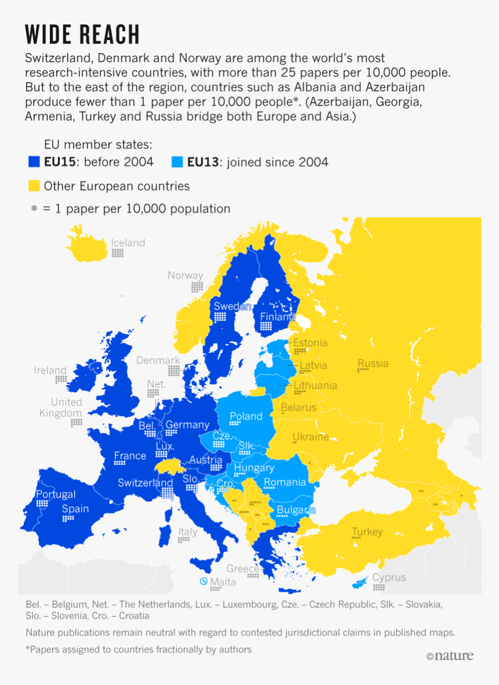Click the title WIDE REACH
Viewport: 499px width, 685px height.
tap(82, 35)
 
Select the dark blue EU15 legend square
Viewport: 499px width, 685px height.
tap(34, 162)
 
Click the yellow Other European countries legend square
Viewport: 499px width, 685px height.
tap(34, 186)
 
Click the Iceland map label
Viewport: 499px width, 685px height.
tap(128, 243)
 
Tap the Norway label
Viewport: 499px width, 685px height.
tap(185, 276)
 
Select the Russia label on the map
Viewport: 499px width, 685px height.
tap(373, 364)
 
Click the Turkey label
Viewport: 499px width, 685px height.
tap(367, 532)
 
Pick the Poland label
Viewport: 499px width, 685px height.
tap(246, 416)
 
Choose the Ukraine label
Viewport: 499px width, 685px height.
tap(310, 437)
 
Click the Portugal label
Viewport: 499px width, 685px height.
tap(56, 494)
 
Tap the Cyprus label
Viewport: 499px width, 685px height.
tap(389, 578)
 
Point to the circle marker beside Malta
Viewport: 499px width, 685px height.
tap(204, 581)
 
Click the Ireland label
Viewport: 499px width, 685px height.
tap(50, 370)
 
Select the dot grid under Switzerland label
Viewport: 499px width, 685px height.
tap(167, 492)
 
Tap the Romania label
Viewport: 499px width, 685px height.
tap(284, 482)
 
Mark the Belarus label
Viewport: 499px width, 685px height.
tap(298, 407)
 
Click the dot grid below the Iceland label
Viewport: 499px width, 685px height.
tap(118, 253)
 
